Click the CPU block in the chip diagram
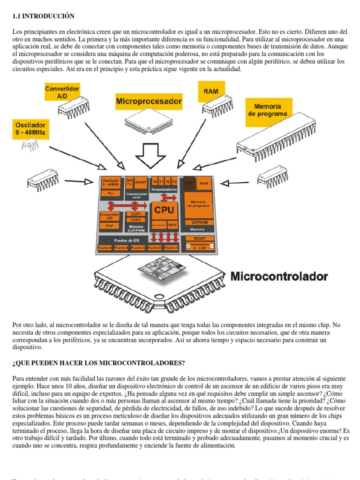point(164,210)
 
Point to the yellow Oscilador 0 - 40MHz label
point(30,128)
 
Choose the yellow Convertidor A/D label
point(62,92)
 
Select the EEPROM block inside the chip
point(197,222)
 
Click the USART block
point(141,182)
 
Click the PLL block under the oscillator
point(111,193)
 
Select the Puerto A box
point(105,247)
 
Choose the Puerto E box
point(171,247)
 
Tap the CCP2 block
point(135,219)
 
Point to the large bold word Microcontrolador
point(279,276)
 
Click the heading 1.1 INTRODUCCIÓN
point(43,16)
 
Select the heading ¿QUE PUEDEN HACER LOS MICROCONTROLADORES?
point(98,363)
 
